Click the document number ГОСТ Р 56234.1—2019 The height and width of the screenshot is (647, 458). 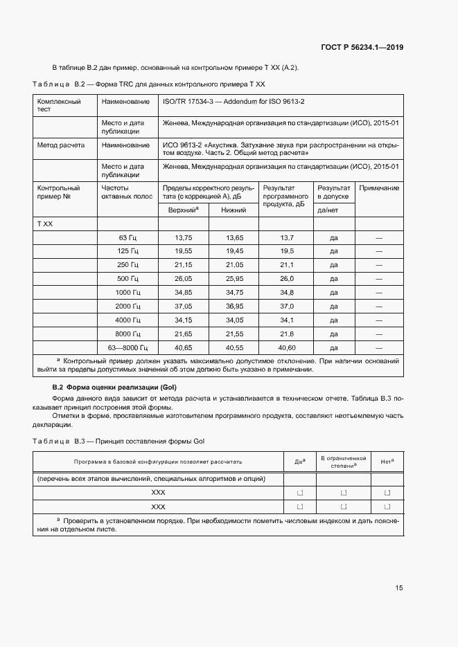coord(362,47)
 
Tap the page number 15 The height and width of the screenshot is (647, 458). coord(399,587)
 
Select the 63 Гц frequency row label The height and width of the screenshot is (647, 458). coord(130,237)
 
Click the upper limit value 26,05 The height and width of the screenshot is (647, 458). coord(183,278)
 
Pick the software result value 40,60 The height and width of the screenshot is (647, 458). coord(287,347)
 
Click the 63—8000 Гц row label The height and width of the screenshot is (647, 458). coord(124,347)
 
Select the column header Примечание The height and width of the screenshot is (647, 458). coord(379,188)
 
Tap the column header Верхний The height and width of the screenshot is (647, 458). coord(183,209)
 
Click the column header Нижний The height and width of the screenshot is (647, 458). coord(234,210)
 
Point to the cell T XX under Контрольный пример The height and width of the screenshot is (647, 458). coord(45,224)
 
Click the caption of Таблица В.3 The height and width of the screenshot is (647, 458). coord(119,441)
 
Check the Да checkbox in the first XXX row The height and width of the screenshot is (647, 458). coord(300,493)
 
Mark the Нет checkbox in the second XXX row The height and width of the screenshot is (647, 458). coord(387,507)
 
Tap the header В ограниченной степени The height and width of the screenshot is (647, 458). coord(342,462)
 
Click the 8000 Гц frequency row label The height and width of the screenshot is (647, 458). coord(127,334)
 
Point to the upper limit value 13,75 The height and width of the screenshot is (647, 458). coord(183,237)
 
